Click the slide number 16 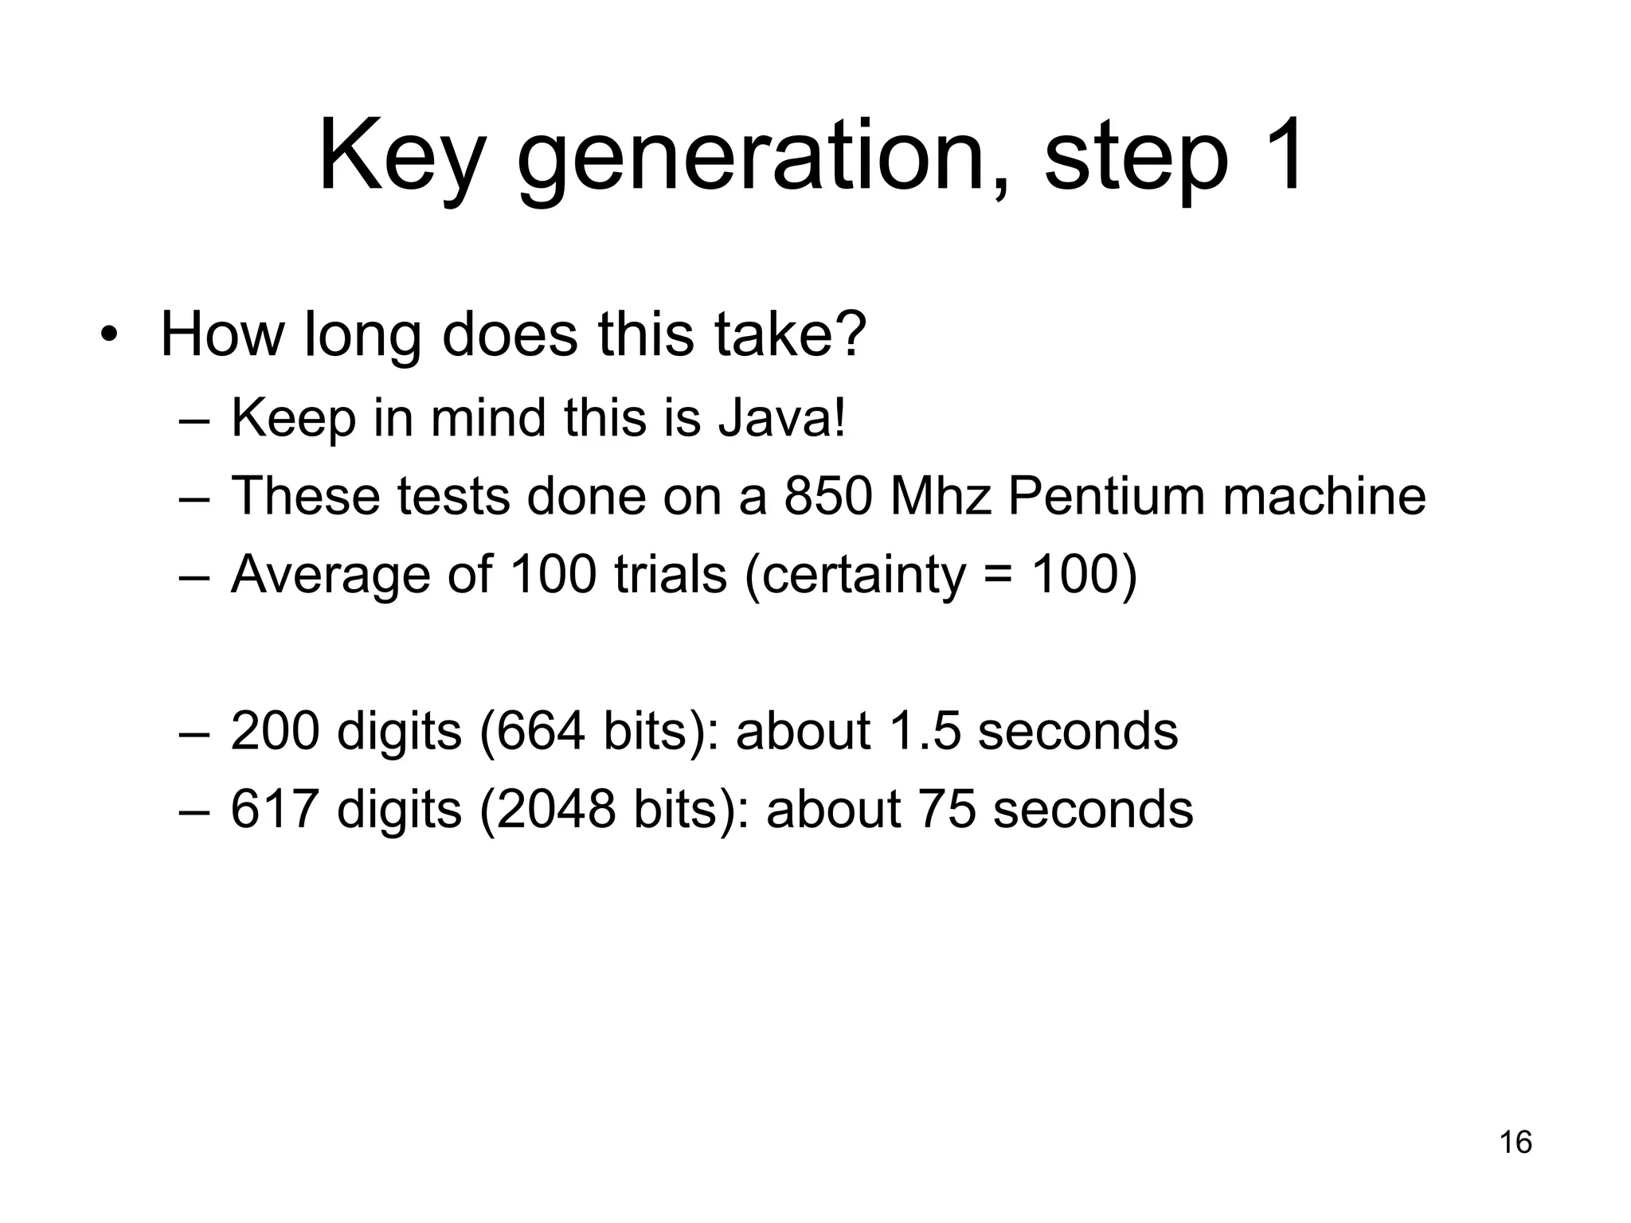(x=1516, y=1142)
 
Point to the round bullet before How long (x=109, y=335)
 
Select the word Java (x=780, y=417)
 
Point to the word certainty (x=863, y=574)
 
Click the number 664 (x=542, y=730)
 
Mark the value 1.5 (x=923, y=730)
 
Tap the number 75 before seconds (x=947, y=809)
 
